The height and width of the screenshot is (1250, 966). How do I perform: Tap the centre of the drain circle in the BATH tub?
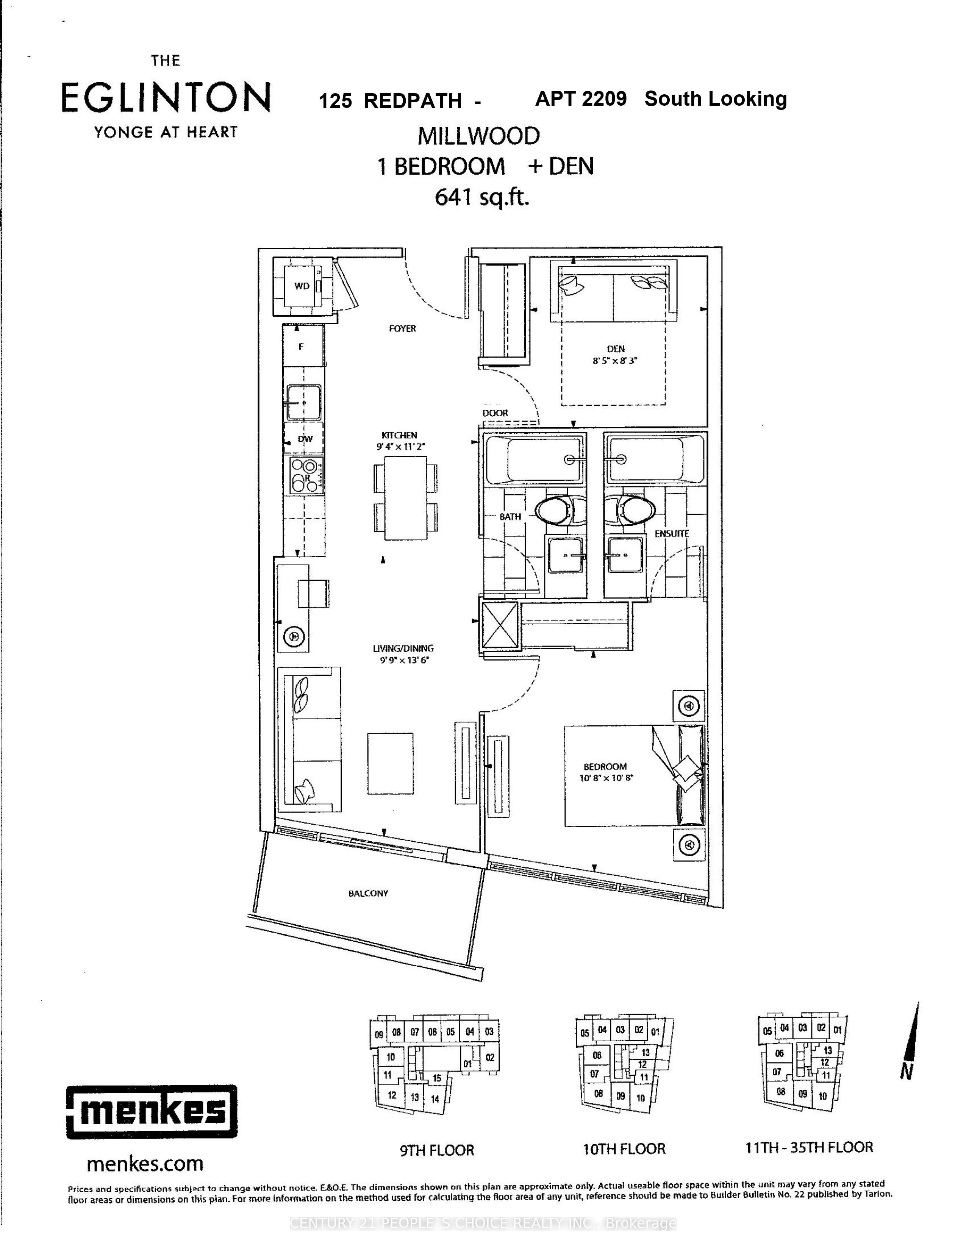tap(569, 459)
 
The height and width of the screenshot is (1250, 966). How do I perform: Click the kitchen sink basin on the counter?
tap(304, 402)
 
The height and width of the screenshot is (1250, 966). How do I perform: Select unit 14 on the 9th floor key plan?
tap(435, 1098)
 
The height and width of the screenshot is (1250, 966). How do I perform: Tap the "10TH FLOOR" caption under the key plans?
tap(624, 1149)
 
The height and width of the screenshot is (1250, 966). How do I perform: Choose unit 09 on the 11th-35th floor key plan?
tap(803, 1094)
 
